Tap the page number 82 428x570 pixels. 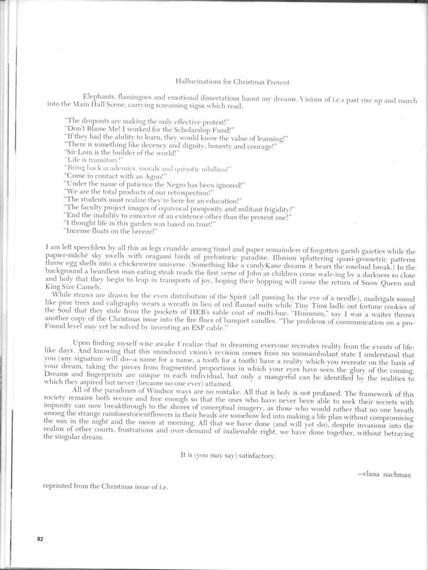click(40, 539)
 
